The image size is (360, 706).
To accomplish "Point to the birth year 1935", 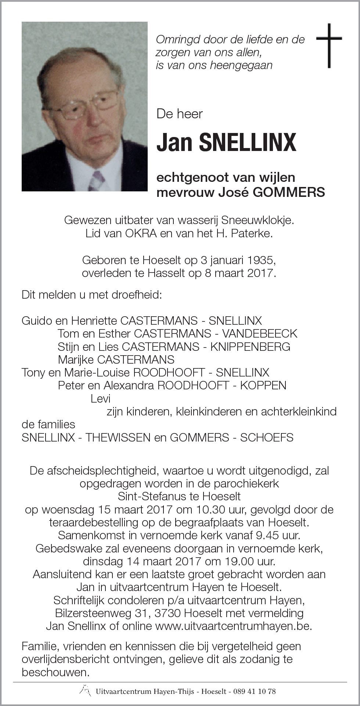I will point(261,260).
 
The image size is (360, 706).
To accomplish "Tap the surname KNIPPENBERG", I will point(250,346).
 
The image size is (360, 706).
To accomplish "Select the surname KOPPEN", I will point(263,385).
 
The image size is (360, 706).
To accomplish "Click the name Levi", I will point(100,398).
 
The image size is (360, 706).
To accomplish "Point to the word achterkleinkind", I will point(299,411).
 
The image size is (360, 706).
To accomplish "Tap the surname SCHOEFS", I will point(267,437).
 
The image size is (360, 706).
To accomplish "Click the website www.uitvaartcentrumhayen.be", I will point(233,626).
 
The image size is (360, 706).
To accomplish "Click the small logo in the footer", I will point(85,690).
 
